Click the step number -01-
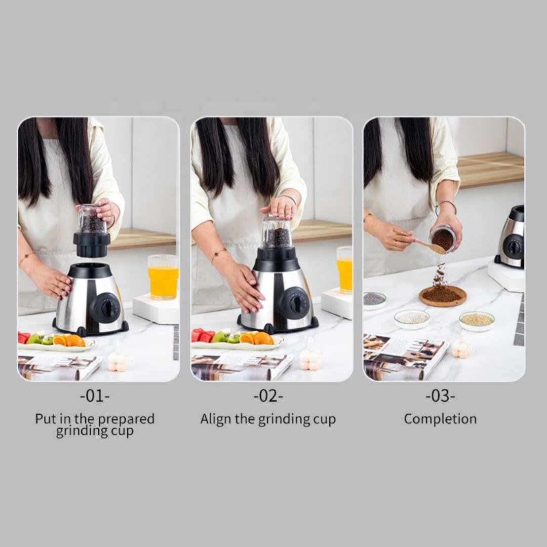tap(95, 396)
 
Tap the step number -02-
tap(268, 396)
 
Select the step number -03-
tap(440, 396)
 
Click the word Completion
tap(440, 419)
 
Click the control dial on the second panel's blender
tap(295, 303)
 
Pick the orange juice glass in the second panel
tap(344, 270)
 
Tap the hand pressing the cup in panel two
tap(280, 206)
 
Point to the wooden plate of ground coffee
tap(443, 295)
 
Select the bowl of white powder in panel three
tap(412, 319)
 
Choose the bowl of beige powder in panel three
tap(477, 321)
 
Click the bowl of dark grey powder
tap(374, 299)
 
